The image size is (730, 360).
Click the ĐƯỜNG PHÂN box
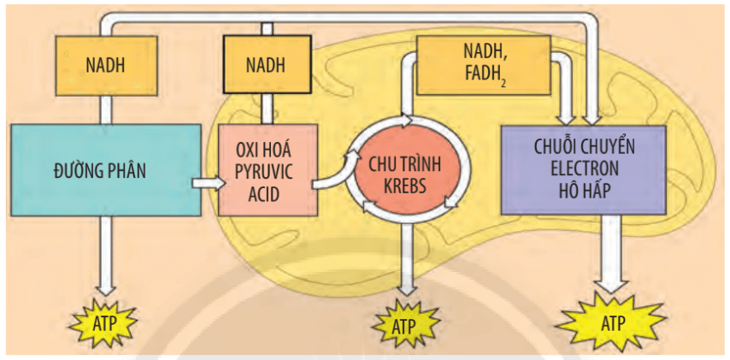[102, 170]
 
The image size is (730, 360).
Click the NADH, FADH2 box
[483, 64]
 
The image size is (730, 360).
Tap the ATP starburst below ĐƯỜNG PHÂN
[104, 323]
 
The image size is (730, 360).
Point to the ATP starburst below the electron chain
[611, 324]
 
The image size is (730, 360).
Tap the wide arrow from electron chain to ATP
[611, 252]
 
